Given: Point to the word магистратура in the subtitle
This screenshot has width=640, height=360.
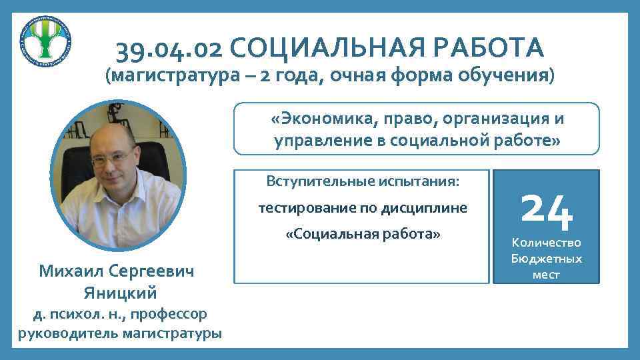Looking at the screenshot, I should pyautogui.click(x=175, y=75).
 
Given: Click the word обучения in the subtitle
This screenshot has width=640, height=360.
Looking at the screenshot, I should pyautogui.click(x=507, y=75).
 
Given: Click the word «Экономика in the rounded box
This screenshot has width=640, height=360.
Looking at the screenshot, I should pyautogui.click(x=321, y=119).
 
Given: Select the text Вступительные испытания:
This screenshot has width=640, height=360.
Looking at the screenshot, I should pyautogui.click(x=363, y=181).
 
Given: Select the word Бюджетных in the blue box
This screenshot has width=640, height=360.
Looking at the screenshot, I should pyautogui.click(x=546, y=259).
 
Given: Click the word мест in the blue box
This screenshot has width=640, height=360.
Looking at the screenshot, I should pyautogui.click(x=546, y=275).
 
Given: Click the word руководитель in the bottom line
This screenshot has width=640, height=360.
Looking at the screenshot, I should pyautogui.click(x=61, y=333).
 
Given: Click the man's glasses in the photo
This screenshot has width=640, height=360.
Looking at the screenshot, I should pyautogui.click(x=112, y=161).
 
